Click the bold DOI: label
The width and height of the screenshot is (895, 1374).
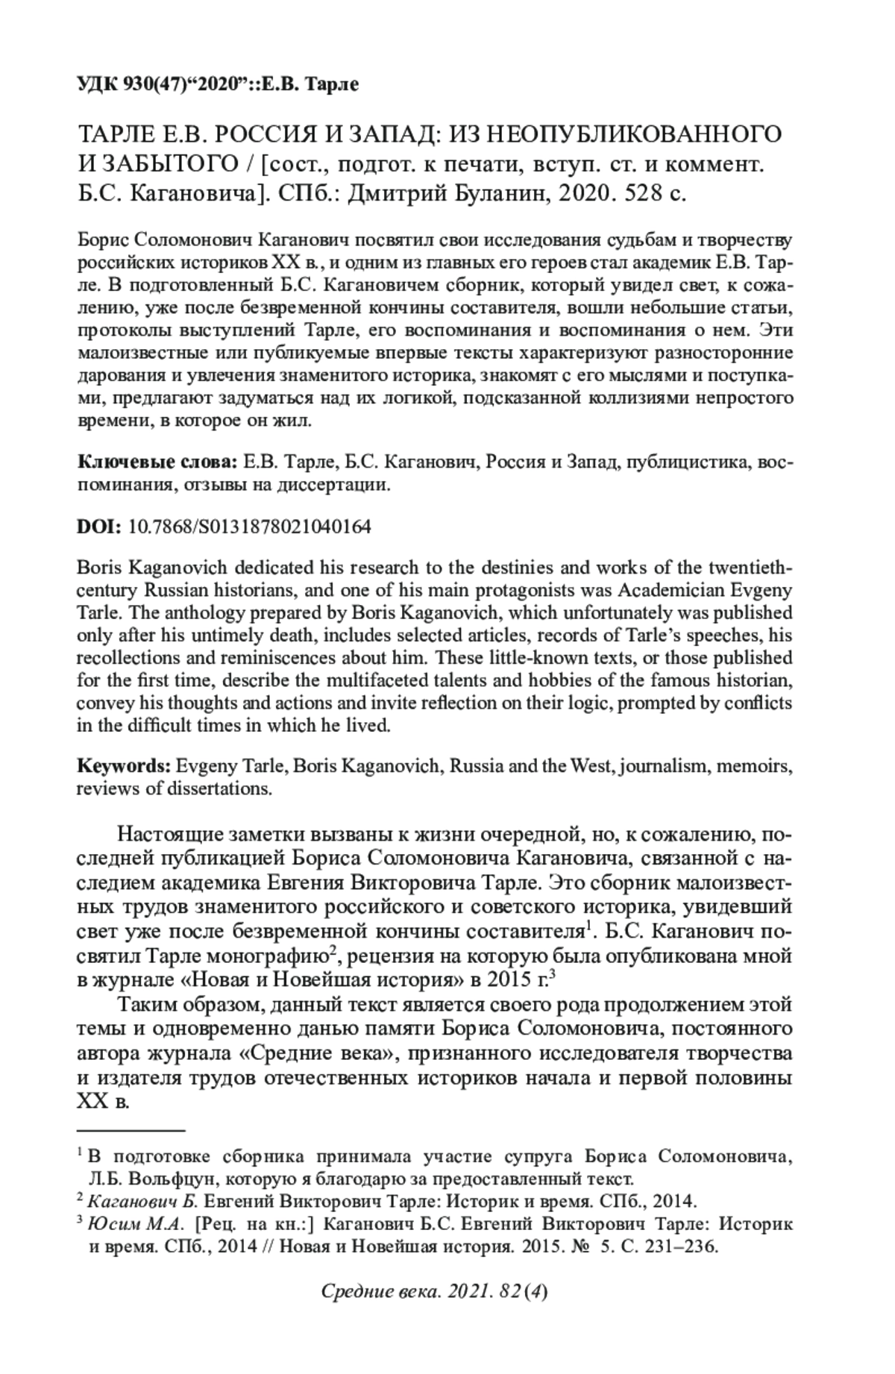[99, 527]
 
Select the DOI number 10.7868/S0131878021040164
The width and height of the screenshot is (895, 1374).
[250, 527]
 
